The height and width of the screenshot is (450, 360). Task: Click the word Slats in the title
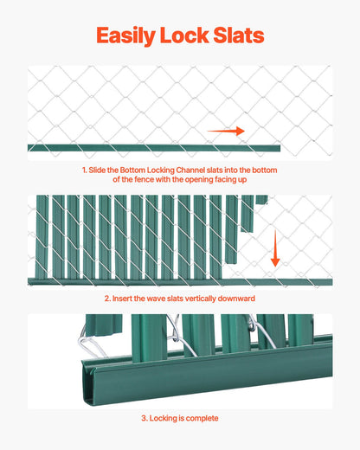click(x=238, y=35)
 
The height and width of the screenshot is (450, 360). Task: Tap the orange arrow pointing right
click(x=226, y=131)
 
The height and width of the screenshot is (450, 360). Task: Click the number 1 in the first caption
click(x=83, y=170)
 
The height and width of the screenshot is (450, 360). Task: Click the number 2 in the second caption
click(x=106, y=299)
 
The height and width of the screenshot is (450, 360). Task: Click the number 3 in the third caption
click(x=143, y=418)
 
